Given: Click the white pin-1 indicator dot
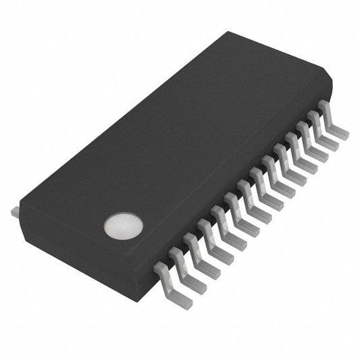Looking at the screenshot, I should point(124,226).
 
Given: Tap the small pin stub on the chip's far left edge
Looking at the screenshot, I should point(15,212).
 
